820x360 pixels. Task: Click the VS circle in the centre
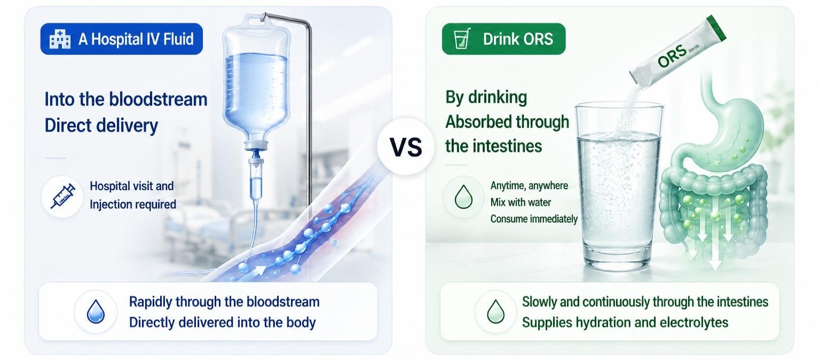click(x=406, y=146)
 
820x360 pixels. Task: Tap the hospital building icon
click(x=60, y=39)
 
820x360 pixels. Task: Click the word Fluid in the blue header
click(x=179, y=39)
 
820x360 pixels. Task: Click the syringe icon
click(x=62, y=197)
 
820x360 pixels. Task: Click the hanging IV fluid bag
click(x=257, y=81)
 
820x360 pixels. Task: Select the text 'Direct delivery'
click(x=101, y=126)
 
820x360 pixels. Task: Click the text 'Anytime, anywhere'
click(x=529, y=186)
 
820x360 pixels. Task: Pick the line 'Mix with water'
click(x=521, y=202)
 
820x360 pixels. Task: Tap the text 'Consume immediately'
click(x=534, y=219)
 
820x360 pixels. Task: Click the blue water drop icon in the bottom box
click(x=96, y=311)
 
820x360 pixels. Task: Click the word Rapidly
click(x=151, y=302)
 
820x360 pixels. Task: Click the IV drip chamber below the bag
click(x=257, y=179)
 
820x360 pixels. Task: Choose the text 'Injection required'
click(x=133, y=205)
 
